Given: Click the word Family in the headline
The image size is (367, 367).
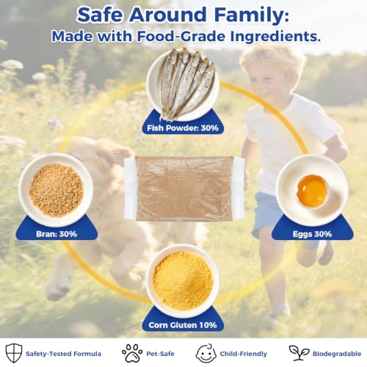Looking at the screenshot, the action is tap(251, 16).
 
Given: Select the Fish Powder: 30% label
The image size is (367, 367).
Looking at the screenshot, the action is tap(183, 128).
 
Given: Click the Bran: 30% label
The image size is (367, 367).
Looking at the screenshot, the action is tap(57, 234).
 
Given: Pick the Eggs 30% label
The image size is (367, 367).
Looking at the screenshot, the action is tap(313, 234).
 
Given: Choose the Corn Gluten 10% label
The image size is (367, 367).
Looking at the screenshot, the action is tap(183, 325).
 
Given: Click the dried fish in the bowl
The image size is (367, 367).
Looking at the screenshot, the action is tap(186, 83).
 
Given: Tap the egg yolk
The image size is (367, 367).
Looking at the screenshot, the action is tap(312, 191).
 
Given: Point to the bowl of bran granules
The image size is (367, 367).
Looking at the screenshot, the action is tap(56, 190).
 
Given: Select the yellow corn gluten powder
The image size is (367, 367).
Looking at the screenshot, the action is tap(183, 281).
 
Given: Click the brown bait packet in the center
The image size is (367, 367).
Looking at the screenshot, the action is tap(184, 189).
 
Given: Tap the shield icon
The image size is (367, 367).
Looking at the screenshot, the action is tap(14, 352).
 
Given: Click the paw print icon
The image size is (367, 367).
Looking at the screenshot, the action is tap(132, 353).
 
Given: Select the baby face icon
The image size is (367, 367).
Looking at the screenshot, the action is tap(206, 353).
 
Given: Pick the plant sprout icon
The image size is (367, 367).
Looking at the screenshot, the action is tap(299, 353).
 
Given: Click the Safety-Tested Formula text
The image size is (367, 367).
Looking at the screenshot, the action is tap(63, 354).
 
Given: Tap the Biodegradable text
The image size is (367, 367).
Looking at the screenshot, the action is tap(337, 354).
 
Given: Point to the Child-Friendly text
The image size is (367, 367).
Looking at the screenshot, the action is tap(244, 354).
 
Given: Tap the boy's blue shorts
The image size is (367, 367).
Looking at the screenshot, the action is tap(266, 213).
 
